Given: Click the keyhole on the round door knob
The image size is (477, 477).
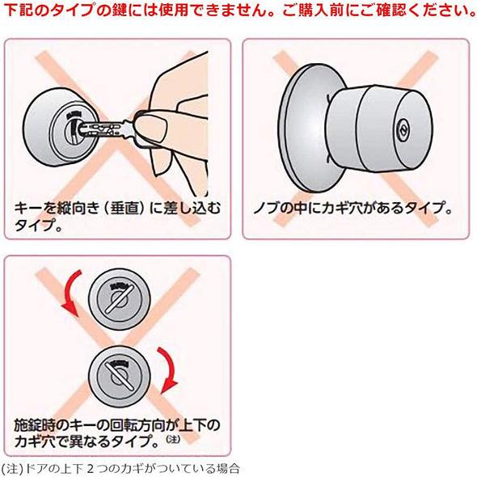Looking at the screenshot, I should (402, 129).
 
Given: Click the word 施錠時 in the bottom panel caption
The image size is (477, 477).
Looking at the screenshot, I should (33, 424).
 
